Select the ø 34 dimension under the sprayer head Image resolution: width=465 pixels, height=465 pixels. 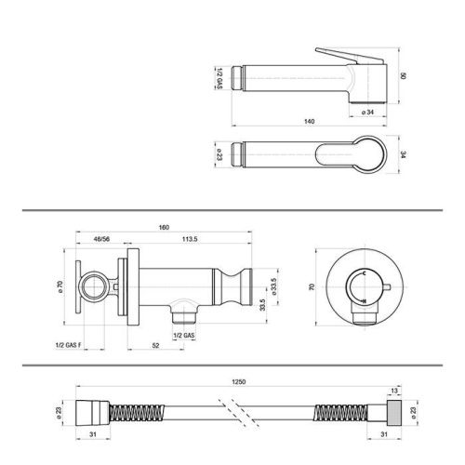[x=368, y=113]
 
